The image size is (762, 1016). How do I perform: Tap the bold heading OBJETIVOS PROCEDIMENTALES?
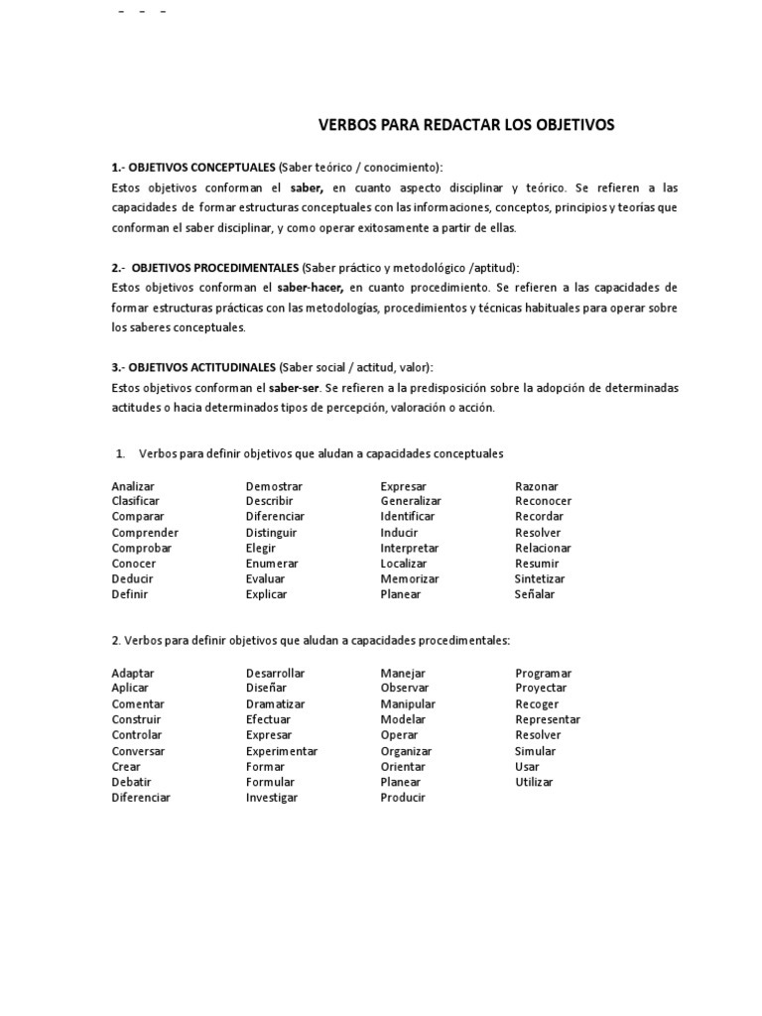(x=215, y=268)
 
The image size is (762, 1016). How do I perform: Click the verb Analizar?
(x=134, y=486)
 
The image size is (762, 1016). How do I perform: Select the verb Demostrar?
(x=274, y=486)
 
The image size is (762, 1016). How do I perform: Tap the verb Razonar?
(x=537, y=486)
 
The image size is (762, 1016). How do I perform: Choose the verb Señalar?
(x=535, y=594)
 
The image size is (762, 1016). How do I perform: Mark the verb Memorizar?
(x=410, y=578)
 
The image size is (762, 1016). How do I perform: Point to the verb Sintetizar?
(x=540, y=578)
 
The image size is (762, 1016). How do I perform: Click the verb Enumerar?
(x=272, y=564)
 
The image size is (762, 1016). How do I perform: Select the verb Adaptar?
(x=133, y=673)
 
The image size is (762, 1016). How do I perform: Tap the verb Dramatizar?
(x=275, y=703)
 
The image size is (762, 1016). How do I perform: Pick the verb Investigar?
(x=272, y=797)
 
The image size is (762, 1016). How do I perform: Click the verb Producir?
(x=403, y=797)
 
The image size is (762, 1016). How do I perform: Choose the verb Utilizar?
(x=534, y=782)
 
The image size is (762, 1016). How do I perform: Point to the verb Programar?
(x=543, y=673)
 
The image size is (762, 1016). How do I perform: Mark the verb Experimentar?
(x=282, y=751)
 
